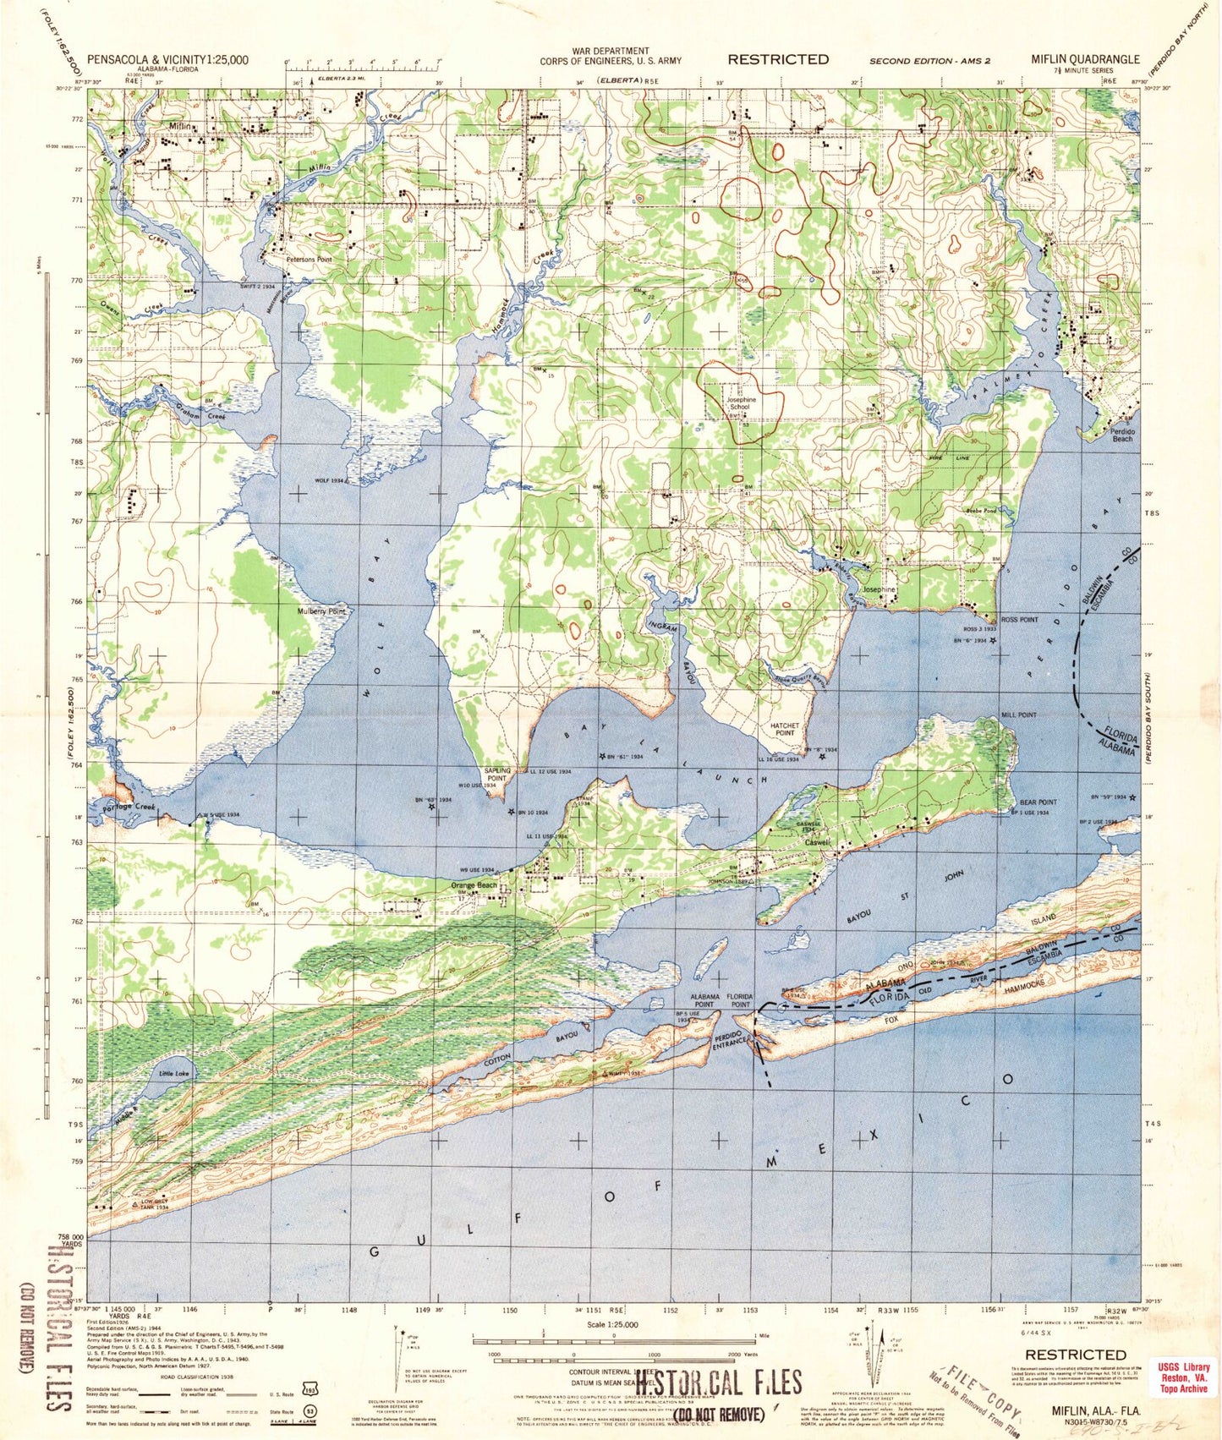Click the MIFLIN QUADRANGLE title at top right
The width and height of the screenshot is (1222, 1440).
click(x=1084, y=59)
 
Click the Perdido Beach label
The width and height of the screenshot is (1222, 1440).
click(x=1121, y=435)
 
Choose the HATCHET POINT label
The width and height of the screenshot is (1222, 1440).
click(x=785, y=728)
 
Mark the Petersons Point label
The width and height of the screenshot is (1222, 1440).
click(x=309, y=260)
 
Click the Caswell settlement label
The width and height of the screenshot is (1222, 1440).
click(x=816, y=843)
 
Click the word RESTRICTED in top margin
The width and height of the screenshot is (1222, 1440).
click(x=777, y=59)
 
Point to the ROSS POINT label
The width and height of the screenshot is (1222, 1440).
click(x=1019, y=620)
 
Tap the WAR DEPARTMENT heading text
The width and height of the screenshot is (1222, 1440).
click(x=610, y=51)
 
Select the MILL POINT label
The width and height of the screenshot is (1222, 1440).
click(x=1019, y=715)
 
